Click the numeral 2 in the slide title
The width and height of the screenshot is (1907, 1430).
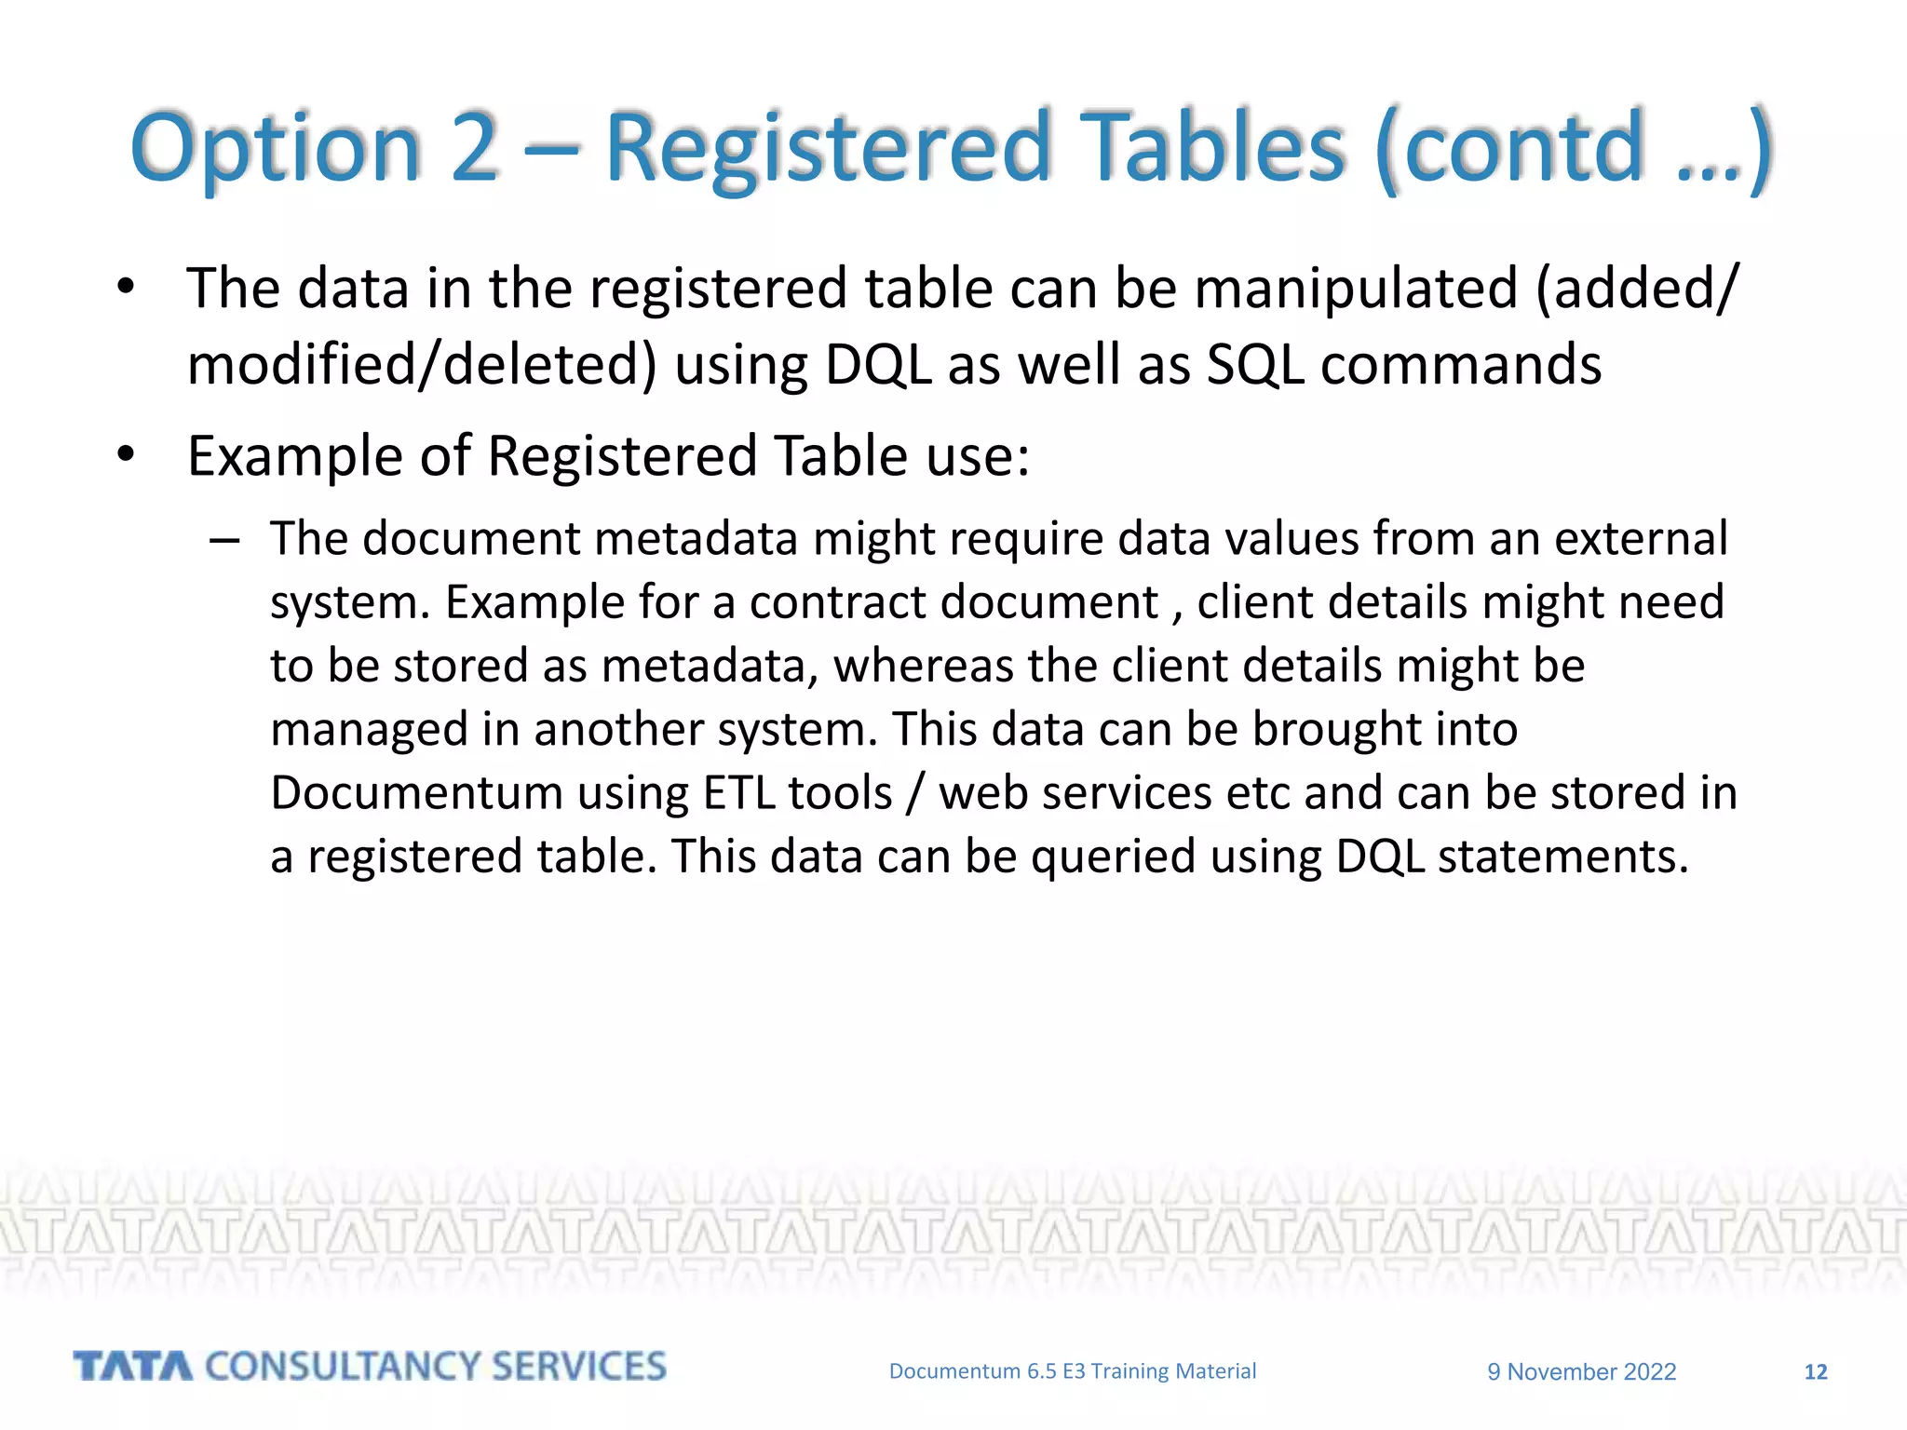tap(474, 147)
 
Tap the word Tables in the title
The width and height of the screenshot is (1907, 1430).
tap(1216, 147)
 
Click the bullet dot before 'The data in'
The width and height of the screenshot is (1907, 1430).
tap(127, 288)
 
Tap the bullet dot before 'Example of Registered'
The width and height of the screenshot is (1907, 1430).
tap(127, 455)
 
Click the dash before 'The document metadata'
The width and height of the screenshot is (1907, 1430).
tap(225, 540)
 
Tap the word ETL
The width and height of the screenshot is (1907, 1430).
tap(738, 793)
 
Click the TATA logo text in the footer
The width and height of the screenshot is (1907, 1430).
tap(132, 1367)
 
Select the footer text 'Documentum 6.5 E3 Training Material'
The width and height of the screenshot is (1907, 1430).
tap(1072, 1371)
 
